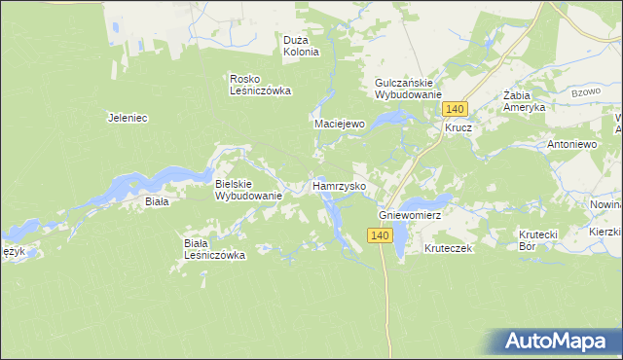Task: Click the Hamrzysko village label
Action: pos(338,185)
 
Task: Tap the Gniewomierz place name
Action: pos(410,215)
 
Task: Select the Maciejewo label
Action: pos(339,125)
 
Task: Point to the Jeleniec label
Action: pos(127,118)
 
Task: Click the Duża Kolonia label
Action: pos(301,46)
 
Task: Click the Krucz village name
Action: pos(458,127)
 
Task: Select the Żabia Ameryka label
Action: pos(524,102)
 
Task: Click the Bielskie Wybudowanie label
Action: pos(248,190)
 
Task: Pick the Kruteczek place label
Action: pos(448,249)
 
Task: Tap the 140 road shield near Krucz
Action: pos(458,109)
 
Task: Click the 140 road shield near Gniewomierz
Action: pos(380,235)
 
